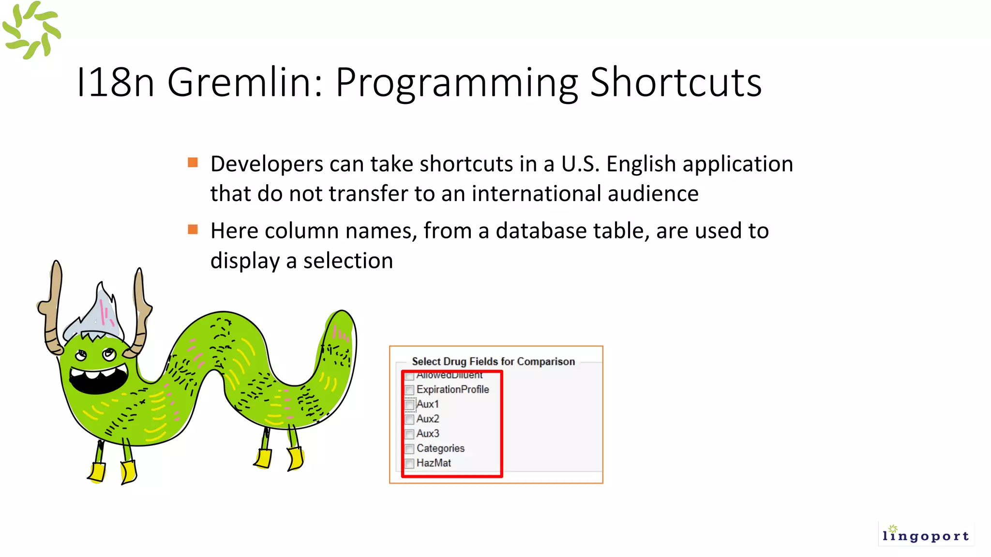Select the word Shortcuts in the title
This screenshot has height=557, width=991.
point(676,82)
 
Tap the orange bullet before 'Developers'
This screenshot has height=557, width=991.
point(193,162)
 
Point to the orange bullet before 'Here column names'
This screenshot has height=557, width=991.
point(193,229)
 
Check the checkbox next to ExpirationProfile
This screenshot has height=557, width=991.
point(409,390)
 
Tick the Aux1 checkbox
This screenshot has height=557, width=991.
point(409,404)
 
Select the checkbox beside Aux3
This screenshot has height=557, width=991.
point(409,434)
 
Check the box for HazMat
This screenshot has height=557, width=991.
point(409,463)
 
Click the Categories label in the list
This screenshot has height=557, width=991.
point(440,448)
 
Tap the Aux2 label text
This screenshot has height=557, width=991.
point(428,419)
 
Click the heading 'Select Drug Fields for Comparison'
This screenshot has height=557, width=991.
point(493,361)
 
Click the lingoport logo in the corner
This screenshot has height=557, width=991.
point(925,534)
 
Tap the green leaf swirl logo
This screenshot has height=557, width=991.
point(31,30)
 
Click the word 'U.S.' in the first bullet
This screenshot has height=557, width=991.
point(580,164)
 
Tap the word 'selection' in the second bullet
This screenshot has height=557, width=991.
point(348,261)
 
